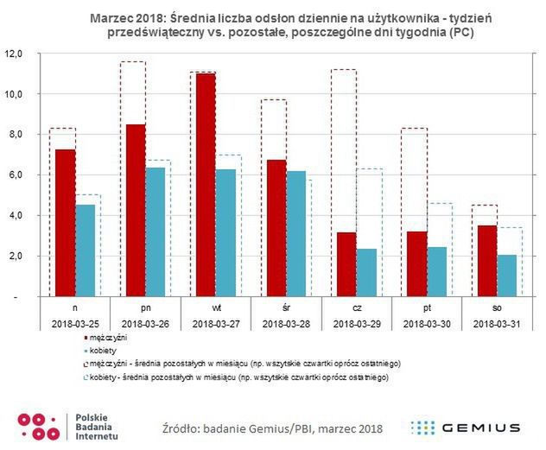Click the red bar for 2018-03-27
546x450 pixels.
pos(206,185)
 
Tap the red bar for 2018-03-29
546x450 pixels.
pos(346,264)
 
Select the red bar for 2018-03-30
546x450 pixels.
pos(416,263)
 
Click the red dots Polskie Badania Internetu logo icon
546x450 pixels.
pos(38,426)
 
